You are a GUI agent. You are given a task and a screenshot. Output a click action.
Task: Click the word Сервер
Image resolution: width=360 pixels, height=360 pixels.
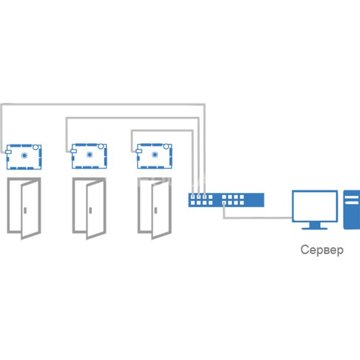(322, 250)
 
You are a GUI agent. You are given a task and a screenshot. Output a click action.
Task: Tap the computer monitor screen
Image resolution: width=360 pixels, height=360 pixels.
(315, 206)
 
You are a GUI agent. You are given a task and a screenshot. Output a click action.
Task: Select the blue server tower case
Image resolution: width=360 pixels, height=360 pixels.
(352, 210)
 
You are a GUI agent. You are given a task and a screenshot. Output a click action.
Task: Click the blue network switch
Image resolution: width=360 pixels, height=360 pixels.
(226, 200)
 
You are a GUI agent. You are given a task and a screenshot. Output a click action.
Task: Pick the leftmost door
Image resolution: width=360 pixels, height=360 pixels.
(24, 208)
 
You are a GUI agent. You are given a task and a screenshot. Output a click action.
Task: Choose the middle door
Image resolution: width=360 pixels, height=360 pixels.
(90, 208)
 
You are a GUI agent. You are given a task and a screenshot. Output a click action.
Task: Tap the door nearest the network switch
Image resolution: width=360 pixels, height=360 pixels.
(154, 208)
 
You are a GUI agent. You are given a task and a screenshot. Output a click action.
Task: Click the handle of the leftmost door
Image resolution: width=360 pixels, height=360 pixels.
(25, 210)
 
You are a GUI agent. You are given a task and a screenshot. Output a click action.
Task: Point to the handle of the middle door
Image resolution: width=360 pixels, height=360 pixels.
(91, 210)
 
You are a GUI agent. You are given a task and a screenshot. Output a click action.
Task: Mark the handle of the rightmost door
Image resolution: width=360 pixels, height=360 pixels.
(155, 210)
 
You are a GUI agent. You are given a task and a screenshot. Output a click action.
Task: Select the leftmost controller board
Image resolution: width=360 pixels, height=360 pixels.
(23, 157)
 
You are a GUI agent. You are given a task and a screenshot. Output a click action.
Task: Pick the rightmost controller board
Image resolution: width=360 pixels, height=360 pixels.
(154, 156)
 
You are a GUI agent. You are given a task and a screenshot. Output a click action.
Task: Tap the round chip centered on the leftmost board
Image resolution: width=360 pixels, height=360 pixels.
(24, 155)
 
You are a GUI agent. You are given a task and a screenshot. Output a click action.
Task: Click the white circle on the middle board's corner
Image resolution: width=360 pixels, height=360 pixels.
(101, 146)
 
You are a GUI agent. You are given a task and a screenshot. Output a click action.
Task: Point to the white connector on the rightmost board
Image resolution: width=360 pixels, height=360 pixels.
(138, 151)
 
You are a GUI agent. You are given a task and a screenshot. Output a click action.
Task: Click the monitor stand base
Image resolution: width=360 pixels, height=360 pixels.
(315, 228)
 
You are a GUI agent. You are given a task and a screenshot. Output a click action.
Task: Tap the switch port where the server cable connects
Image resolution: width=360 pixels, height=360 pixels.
(224, 203)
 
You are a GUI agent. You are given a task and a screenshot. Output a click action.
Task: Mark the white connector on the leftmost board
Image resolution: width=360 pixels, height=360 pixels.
(8, 152)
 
